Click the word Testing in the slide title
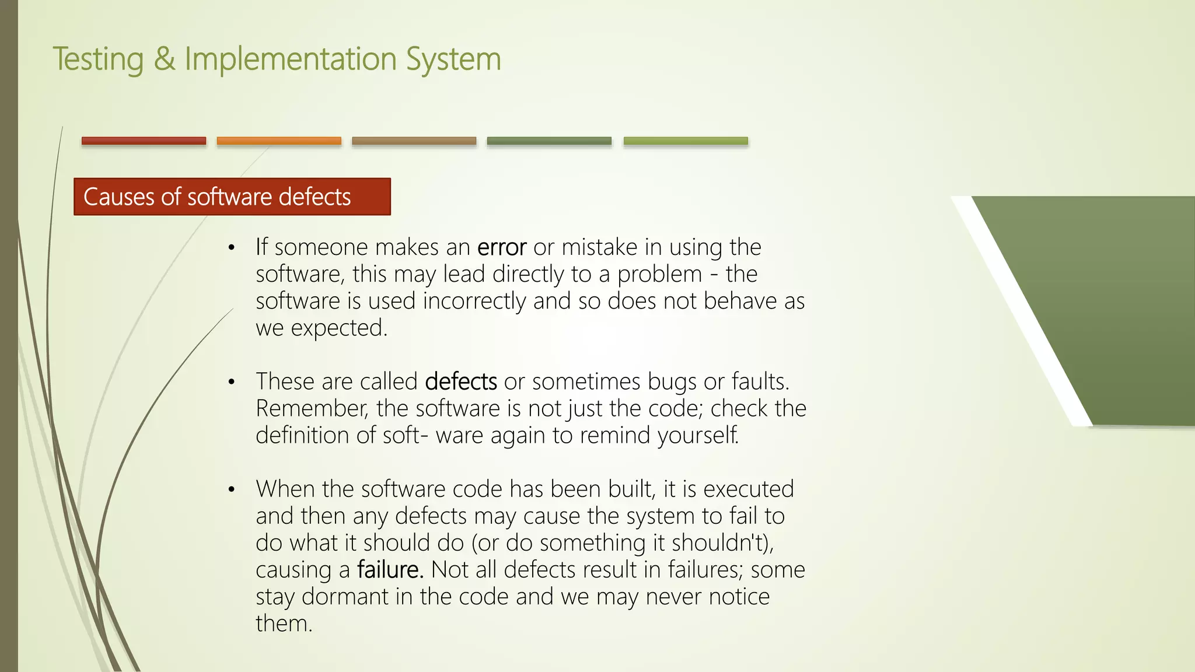click(98, 60)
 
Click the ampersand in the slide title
click(165, 60)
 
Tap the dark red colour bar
click(144, 141)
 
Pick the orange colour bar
click(279, 141)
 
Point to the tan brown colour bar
click(414, 141)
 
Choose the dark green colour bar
click(549, 141)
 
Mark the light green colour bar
click(686, 141)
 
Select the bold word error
click(502, 248)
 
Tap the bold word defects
click(461, 382)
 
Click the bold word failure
click(390, 570)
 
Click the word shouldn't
click(722, 543)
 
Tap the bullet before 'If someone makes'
click(232, 248)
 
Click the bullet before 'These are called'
click(232, 382)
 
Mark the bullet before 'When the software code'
click(232, 489)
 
